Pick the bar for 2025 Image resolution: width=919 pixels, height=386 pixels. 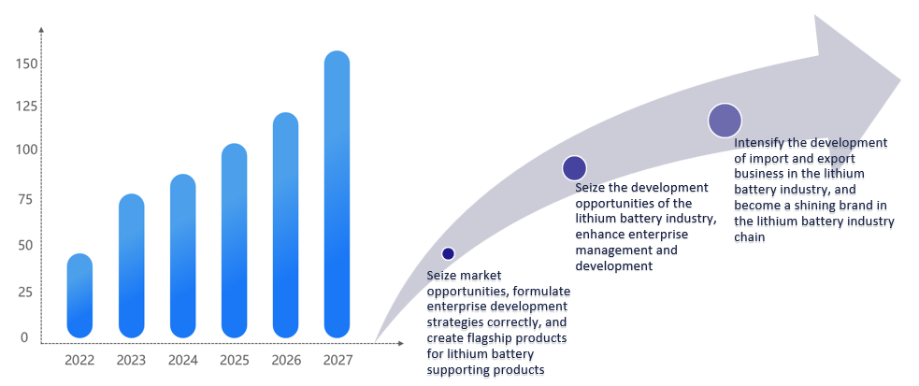(x=235, y=240)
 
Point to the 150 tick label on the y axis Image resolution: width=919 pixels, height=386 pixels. (x=26, y=64)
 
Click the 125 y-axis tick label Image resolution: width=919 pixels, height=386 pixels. (x=26, y=107)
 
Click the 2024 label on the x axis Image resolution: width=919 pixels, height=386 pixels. (x=183, y=360)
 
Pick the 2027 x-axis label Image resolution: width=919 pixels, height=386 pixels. (x=337, y=360)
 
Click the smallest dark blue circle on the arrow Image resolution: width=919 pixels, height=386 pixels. (x=448, y=253)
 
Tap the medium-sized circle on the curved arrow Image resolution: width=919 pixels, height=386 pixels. (x=574, y=168)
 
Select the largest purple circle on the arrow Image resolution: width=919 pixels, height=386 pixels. (x=725, y=121)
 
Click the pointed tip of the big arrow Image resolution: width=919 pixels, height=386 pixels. (x=898, y=79)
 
